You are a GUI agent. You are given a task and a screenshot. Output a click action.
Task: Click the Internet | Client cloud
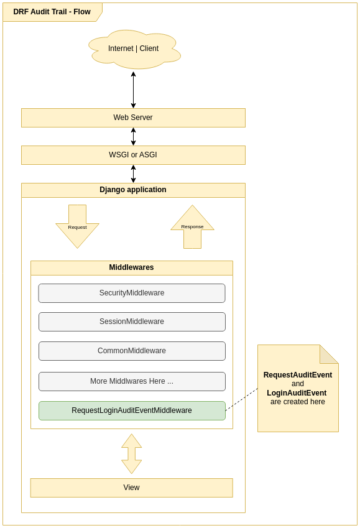click(x=134, y=49)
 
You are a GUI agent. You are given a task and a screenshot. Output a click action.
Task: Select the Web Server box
click(x=133, y=118)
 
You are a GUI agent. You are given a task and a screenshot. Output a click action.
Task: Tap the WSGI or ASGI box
click(x=133, y=155)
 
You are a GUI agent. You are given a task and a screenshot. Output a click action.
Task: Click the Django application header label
click(x=133, y=190)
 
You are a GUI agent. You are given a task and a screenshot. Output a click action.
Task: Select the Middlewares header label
click(x=131, y=268)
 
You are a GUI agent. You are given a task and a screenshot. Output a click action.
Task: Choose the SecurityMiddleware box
click(x=132, y=293)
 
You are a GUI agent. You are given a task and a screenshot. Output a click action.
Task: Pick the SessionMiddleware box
click(x=132, y=322)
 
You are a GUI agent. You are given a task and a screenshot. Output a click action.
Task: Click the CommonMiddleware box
click(x=132, y=351)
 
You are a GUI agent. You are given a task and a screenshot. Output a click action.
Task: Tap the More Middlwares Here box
click(x=132, y=381)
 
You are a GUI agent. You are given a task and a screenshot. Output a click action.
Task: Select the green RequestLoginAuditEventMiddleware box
click(x=132, y=410)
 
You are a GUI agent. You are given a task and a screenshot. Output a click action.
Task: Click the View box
click(x=131, y=488)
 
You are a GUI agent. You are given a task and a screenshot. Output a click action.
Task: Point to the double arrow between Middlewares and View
click(x=132, y=453)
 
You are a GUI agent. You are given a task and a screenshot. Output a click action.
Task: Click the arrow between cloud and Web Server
click(x=133, y=90)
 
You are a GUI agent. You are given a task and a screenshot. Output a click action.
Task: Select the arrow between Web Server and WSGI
click(x=133, y=136)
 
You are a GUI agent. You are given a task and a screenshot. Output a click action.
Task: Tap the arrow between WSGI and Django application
click(x=133, y=174)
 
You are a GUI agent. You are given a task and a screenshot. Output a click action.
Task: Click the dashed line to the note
click(x=242, y=399)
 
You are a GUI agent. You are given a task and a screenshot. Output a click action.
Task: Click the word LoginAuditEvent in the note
click(x=297, y=393)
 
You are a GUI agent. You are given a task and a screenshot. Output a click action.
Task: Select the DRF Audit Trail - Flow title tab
click(x=52, y=12)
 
